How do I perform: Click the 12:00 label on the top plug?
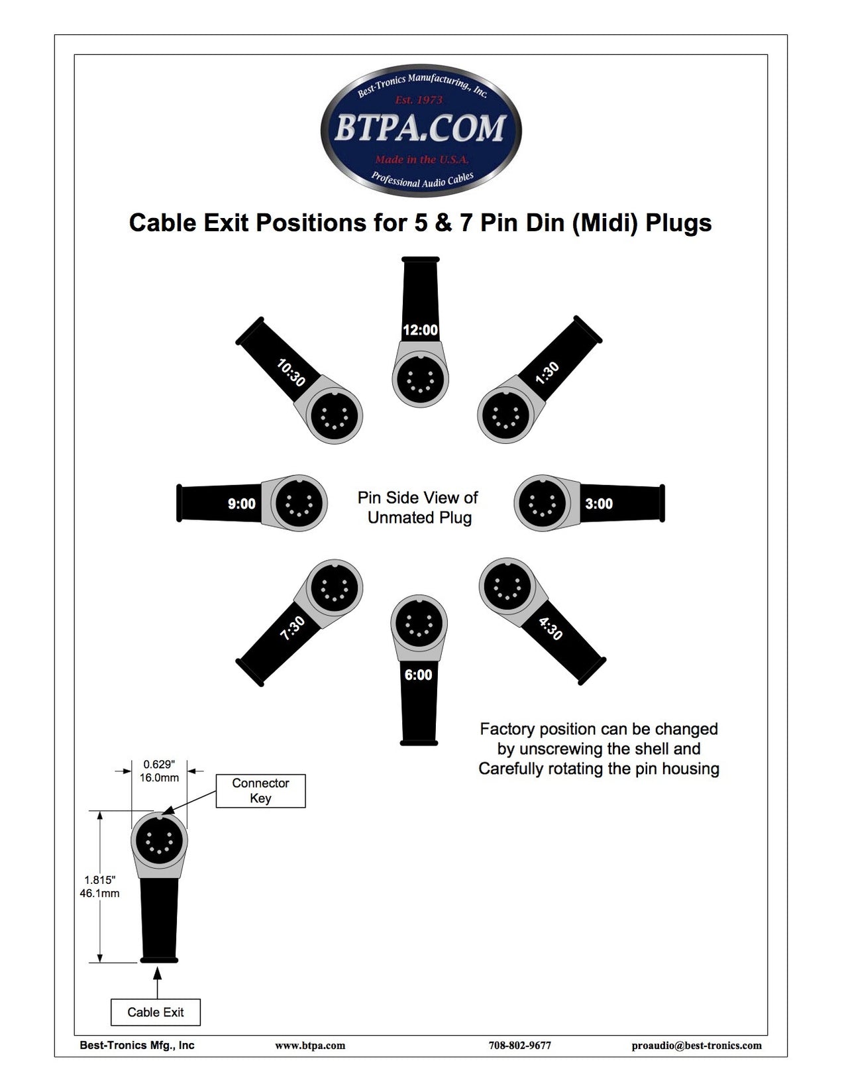click(420, 330)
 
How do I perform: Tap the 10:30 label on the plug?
click(291, 373)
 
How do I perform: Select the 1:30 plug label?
click(548, 373)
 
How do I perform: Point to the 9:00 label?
click(241, 504)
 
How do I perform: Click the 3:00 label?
click(599, 504)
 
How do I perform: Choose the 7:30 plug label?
click(292, 628)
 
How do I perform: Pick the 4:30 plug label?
click(551, 628)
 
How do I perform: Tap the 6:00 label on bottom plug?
click(418, 675)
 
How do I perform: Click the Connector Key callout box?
click(260, 790)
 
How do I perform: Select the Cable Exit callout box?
click(156, 1012)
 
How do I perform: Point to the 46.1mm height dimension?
click(100, 893)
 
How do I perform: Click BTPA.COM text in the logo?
click(420, 129)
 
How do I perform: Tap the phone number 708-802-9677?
click(519, 1046)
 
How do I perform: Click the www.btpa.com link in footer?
click(310, 1046)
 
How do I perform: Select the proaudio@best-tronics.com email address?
click(696, 1046)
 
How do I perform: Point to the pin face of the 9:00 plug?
click(298, 503)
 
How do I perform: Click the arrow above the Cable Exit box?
click(157, 981)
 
